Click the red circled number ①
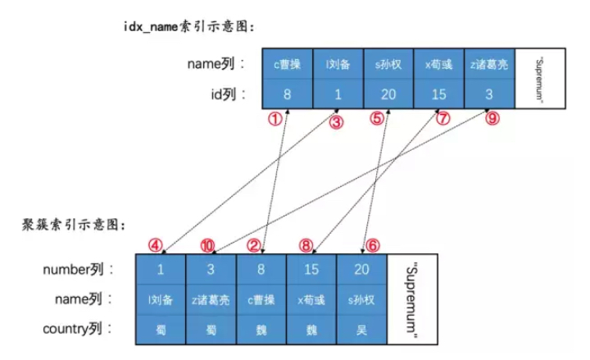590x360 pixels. coord(276,118)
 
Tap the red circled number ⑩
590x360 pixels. coord(208,244)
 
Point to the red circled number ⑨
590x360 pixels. coord(492,118)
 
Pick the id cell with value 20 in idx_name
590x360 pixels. coord(388,93)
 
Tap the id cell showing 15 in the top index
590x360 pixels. coord(438,93)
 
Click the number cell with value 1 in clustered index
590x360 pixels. coord(161,269)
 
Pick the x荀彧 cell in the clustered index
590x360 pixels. coord(311,300)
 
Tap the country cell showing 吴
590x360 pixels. coord(361,330)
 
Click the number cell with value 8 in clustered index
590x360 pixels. coord(261,269)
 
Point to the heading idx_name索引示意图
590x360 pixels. coord(188,26)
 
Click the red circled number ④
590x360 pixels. coord(155,244)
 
